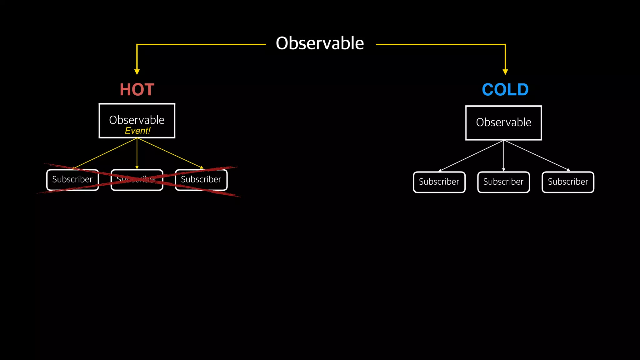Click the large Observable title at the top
tap(320, 43)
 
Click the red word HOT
tap(137, 90)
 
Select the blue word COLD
tap(505, 90)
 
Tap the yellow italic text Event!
tap(137, 131)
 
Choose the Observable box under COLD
tap(503, 123)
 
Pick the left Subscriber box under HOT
tap(72, 180)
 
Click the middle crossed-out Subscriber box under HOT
tap(137, 180)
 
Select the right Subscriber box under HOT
tap(201, 180)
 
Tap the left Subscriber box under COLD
tap(439, 182)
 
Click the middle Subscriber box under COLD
tap(503, 182)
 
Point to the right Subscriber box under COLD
tap(568, 182)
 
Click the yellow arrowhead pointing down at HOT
tap(137, 72)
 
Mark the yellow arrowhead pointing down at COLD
tap(505, 72)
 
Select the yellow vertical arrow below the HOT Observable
tap(137, 153)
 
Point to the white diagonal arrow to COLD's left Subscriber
tap(471, 155)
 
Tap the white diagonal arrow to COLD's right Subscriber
tap(536, 155)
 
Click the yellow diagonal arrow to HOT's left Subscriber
tap(105, 153)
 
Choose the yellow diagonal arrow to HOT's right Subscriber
tap(170, 153)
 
